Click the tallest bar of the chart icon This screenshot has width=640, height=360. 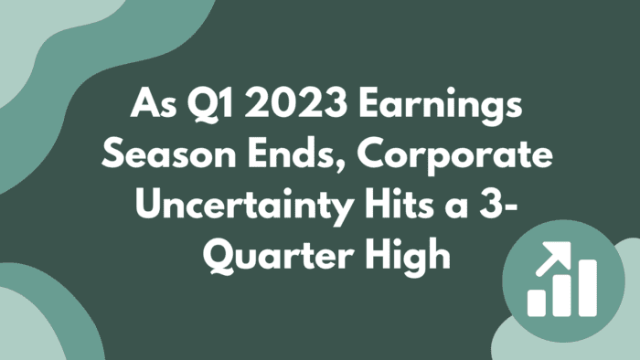586,287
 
